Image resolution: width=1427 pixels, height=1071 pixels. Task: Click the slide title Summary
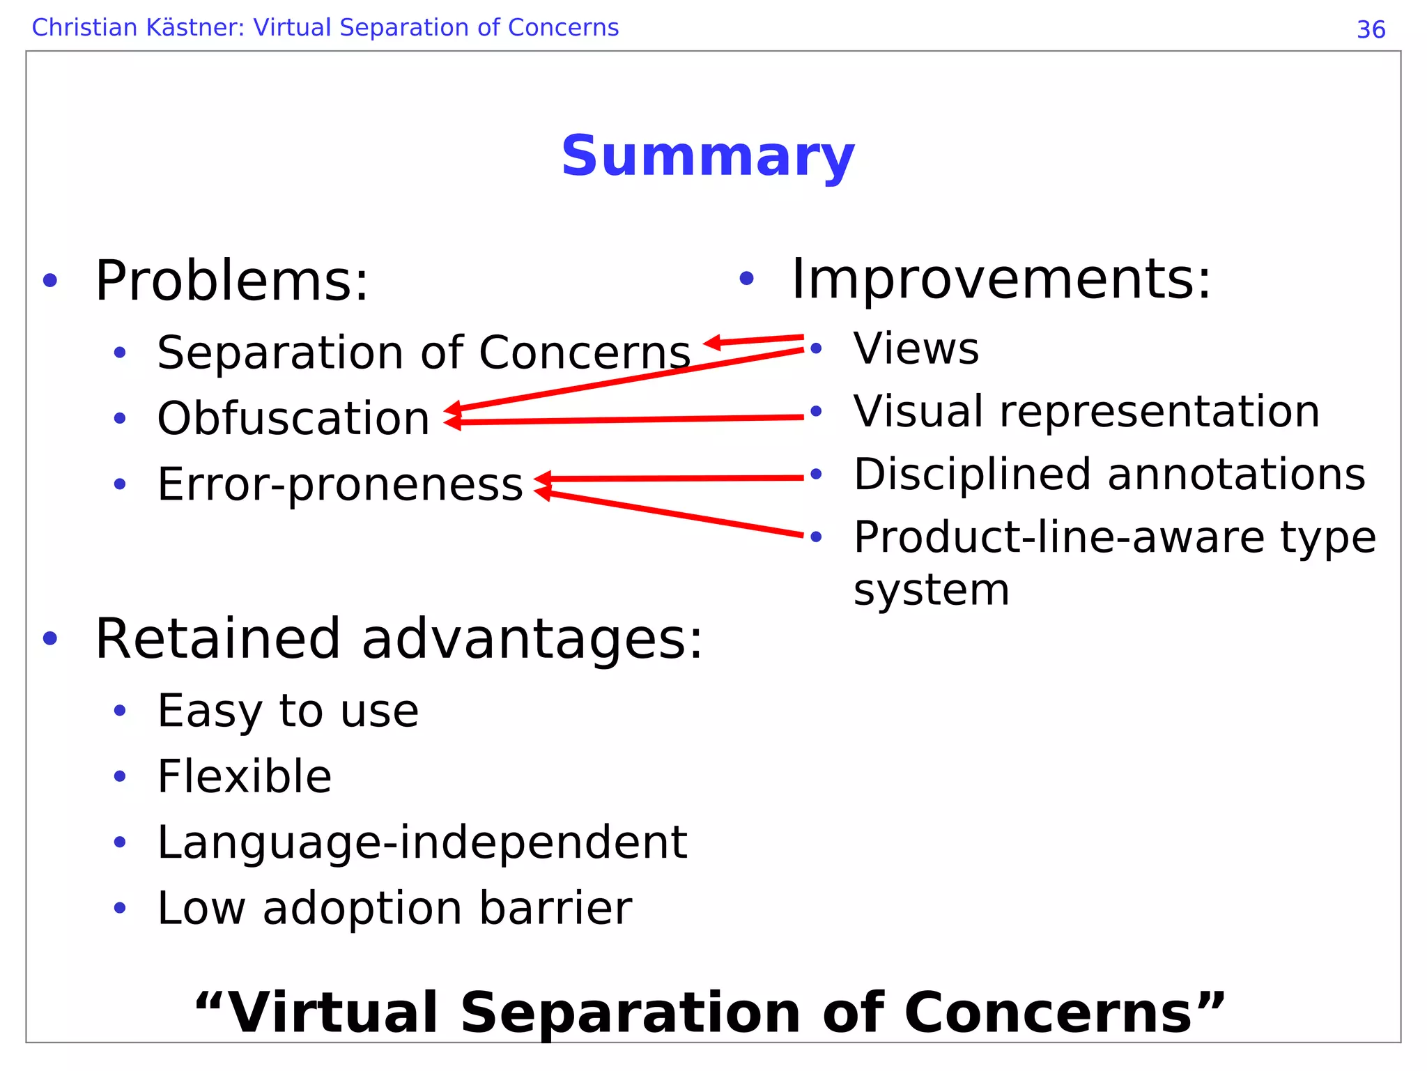coord(707,156)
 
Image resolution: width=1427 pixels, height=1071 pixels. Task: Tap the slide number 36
coord(1371,30)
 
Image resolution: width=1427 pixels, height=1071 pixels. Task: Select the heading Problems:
coord(231,281)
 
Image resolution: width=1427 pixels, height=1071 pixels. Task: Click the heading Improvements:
coord(1001,279)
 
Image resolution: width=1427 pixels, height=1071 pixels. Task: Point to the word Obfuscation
coord(293,418)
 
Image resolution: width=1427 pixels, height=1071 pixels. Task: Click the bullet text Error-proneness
coord(340,484)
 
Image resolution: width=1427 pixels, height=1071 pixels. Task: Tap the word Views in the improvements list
coord(916,348)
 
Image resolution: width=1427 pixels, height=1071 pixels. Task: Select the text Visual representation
coord(1086,411)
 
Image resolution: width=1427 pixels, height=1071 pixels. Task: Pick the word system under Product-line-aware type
coord(931,590)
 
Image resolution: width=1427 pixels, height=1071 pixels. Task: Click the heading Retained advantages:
coord(399,639)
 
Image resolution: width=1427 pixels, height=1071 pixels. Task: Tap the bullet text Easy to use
coord(288,711)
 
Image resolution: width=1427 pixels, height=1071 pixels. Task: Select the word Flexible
coord(245,776)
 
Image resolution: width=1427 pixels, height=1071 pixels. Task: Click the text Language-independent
coord(422,842)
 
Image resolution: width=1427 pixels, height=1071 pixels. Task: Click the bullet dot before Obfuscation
coord(120,419)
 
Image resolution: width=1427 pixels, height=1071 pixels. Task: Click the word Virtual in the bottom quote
coord(333,1012)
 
